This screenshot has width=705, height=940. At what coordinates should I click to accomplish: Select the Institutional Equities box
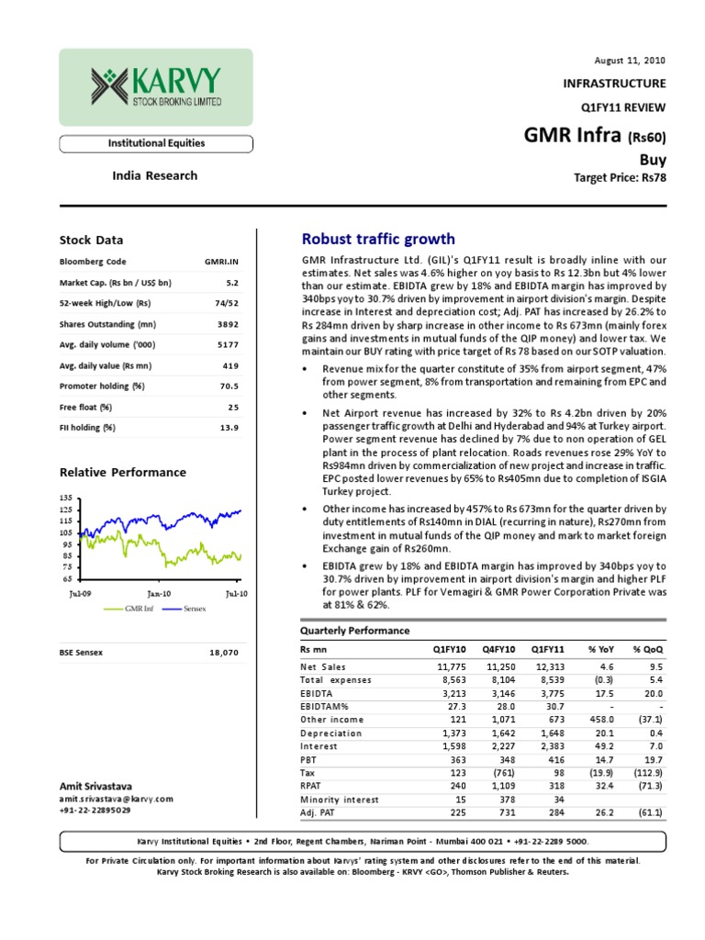[157, 143]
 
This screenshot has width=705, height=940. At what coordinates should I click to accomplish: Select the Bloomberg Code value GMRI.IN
[221, 262]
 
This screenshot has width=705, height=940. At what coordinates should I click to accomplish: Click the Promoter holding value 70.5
[228, 386]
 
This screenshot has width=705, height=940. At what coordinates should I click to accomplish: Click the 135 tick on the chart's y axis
[65, 498]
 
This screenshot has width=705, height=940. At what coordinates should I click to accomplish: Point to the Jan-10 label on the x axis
[159, 594]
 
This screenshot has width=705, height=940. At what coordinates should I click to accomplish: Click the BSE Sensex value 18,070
[224, 653]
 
